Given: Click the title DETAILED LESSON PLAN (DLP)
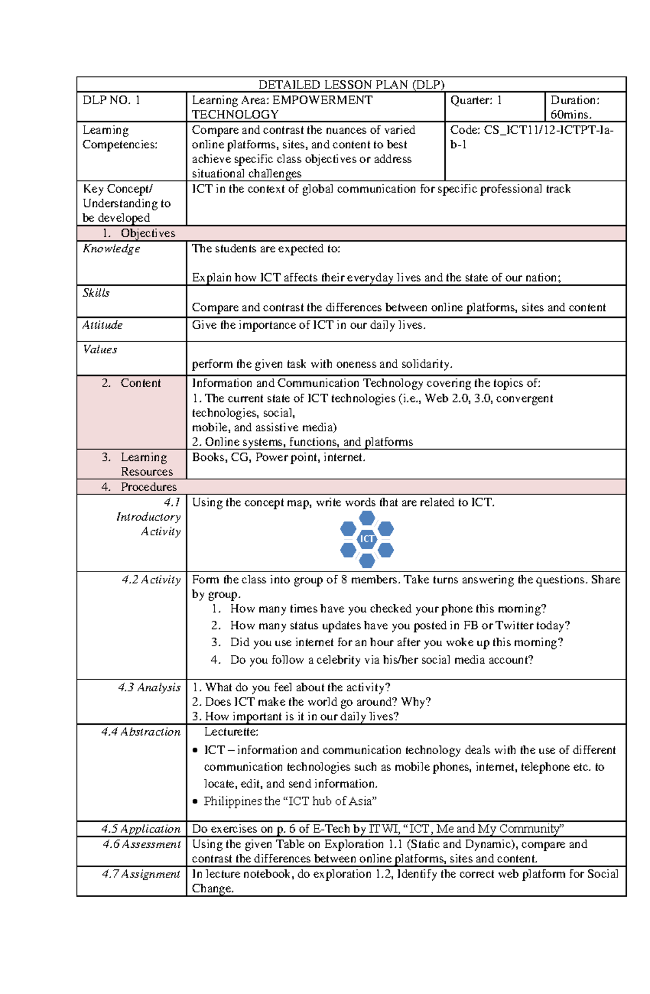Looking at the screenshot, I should tap(351, 85).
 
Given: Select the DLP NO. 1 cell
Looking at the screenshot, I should tap(111, 100).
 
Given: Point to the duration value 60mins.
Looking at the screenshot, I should tap(571, 114).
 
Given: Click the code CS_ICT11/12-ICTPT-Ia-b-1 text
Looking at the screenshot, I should tap(531, 137).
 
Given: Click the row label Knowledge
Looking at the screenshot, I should tap(111, 249).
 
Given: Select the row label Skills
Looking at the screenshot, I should tap(96, 293).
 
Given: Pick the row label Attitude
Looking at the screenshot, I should tap(102, 325).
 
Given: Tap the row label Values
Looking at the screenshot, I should tap(100, 349).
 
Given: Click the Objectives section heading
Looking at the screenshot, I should tap(147, 233).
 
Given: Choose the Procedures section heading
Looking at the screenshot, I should tap(148, 487).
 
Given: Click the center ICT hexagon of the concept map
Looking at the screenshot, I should tap(367, 539).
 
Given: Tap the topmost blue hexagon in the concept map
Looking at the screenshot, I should tap(367, 518).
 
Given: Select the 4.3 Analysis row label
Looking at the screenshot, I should tap(149, 687).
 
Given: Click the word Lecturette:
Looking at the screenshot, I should tap(231, 732).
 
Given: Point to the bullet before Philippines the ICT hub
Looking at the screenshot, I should tap(196, 802).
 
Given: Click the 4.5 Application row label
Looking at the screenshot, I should tap(141, 829).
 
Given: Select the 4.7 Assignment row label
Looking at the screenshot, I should tap(141, 874).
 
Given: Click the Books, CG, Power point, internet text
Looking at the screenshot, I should tap(278, 457).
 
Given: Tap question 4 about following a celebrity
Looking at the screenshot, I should tap(381, 660).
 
